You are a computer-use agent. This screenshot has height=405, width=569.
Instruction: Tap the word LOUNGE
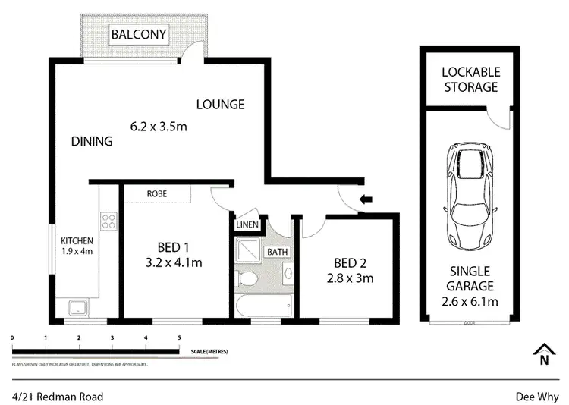pyautogui.click(x=220, y=105)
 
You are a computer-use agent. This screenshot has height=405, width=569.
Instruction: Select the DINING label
pyautogui.click(x=92, y=141)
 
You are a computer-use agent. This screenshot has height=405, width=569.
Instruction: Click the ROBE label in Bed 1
pyautogui.click(x=157, y=194)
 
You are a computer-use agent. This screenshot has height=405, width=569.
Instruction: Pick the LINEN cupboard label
pyautogui.click(x=247, y=224)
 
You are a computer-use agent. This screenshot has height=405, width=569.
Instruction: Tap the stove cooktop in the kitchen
pyautogui.click(x=108, y=223)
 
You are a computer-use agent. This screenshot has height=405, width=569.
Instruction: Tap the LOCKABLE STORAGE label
pyautogui.click(x=471, y=80)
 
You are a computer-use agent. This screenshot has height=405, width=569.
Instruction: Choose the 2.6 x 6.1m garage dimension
pyautogui.click(x=470, y=302)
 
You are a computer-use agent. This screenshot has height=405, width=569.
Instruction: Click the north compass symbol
pyautogui.click(x=543, y=355)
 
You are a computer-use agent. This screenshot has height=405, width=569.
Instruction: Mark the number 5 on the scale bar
pyautogui.click(x=179, y=337)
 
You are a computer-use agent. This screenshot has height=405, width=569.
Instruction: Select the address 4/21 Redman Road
pyautogui.click(x=58, y=397)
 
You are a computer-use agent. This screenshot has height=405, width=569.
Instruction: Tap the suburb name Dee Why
pyautogui.click(x=536, y=397)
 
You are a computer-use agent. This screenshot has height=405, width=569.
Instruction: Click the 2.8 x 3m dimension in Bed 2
pyautogui.click(x=351, y=278)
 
